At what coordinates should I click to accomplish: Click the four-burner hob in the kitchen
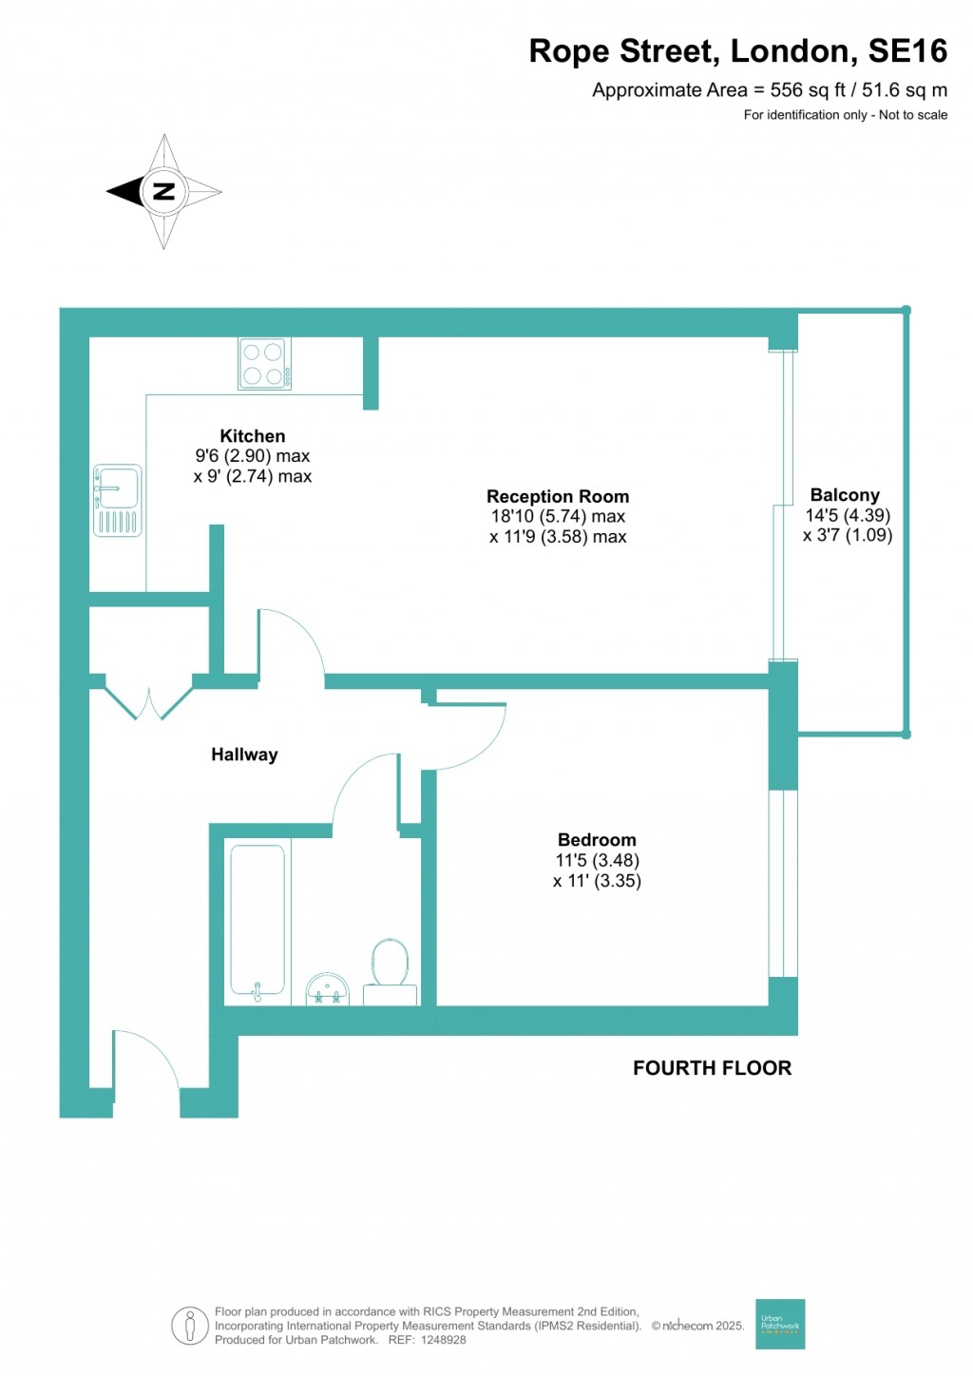click(264, 364)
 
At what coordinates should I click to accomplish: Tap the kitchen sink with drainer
click(118, 500)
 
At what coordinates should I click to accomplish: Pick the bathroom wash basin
click(328, 990)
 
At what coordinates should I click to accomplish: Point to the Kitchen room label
click(253, 436)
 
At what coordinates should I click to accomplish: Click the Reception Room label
click(558, 496)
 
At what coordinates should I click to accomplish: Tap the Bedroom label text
click(597, 840)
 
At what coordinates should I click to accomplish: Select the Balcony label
click(845, 495)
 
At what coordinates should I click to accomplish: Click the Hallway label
click(244, 755)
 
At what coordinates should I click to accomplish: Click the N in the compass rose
click(164, 191)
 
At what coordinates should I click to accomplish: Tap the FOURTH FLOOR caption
click(712, 1068)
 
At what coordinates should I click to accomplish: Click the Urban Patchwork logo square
click(780, 1324)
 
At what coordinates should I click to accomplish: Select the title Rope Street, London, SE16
click(737, 51)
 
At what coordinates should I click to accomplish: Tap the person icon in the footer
click(190, 1326)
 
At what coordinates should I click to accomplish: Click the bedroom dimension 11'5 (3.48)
click(597, 861)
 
